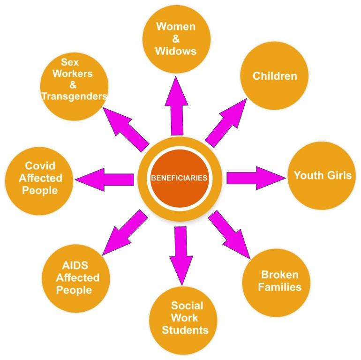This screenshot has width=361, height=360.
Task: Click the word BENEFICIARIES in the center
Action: [179, 178]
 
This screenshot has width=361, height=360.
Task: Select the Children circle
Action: [274, 76]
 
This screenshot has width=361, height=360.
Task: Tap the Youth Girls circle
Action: [322, 176]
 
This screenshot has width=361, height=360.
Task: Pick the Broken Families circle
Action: [276, 283]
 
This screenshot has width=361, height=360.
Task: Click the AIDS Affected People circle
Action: [76, 278]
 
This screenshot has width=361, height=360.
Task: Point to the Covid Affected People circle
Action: [39, 181]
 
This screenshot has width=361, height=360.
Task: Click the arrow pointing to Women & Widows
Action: [177, 106]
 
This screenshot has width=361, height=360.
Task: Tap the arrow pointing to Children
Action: [226, 123]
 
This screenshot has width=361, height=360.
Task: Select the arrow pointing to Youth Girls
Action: [256, 178]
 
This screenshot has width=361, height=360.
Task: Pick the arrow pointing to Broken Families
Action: [229, 235]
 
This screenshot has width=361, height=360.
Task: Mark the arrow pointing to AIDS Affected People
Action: [125, 232]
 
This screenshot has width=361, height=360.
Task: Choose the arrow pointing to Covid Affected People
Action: [104, 180]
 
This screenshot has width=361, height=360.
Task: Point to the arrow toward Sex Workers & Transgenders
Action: [126, 129]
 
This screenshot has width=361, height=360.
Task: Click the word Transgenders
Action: [75, 96]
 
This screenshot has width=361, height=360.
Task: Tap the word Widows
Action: [176, 51]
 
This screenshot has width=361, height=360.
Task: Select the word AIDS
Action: [75, 265]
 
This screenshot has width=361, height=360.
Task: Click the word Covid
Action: [40, 165]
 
